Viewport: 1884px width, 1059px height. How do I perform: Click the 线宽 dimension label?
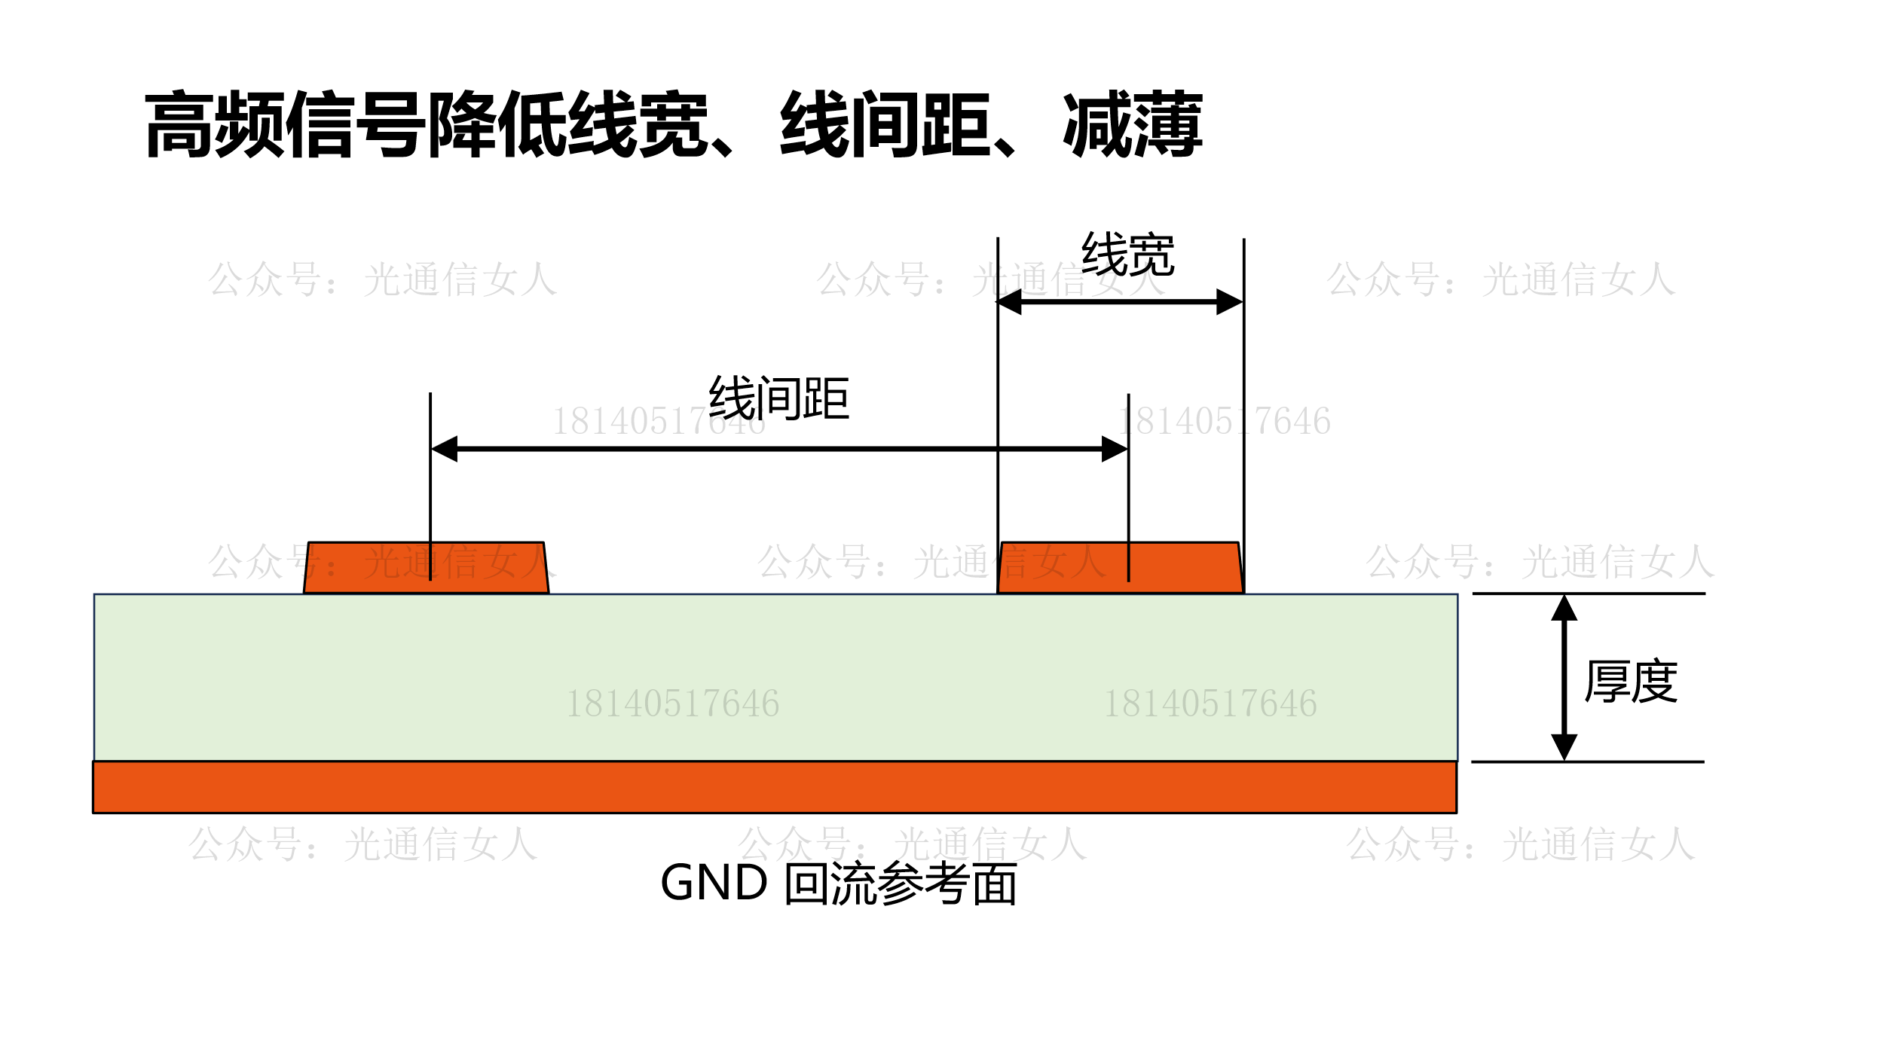pos(1127,255)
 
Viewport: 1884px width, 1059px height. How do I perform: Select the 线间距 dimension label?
pos(778,398)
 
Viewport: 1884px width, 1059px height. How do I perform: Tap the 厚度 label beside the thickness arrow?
pos(1631,681)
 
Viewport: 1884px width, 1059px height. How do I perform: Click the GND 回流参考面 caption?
pos(839,884)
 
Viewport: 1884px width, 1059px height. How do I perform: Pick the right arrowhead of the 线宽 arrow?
pos(1229,302)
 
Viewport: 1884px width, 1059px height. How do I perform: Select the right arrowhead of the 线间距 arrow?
pos(1115,449)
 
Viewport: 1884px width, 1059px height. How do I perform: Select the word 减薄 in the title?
pos(1133,124)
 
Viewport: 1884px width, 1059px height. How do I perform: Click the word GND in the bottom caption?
pos(714,883)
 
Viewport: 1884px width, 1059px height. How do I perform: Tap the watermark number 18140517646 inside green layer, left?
pos(672,703)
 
